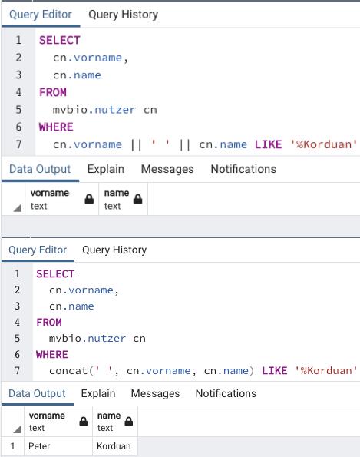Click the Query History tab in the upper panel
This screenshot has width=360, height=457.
(124, 15)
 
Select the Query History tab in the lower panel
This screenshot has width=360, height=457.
(114, 250)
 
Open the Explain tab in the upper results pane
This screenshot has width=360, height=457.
(106, 169)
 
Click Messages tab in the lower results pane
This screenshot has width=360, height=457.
(155, 393)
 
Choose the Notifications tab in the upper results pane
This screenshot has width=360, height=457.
(243, 169)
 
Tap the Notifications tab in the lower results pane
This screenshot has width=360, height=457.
(226, 393)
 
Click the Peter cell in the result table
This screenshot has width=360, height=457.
(39, 446)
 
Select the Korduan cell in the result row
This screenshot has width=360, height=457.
(114, 446)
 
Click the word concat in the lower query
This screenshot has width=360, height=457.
(68, 371)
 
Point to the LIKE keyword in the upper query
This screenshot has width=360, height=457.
(268, 144)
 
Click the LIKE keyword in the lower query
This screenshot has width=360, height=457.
(275, 371)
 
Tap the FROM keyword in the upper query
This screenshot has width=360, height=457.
(53, 92)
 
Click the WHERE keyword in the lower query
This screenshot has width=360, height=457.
(52, 355)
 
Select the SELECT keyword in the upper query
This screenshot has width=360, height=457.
(59, 40)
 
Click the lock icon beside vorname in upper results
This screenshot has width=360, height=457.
(89, 199)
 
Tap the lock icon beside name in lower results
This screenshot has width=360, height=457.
(129, 422)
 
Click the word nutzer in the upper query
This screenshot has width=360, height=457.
(115, 110)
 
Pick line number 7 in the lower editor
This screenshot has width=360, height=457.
(18, 371)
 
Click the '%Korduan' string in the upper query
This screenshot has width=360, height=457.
(323, 144)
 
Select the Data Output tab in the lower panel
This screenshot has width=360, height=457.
(37, 393)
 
